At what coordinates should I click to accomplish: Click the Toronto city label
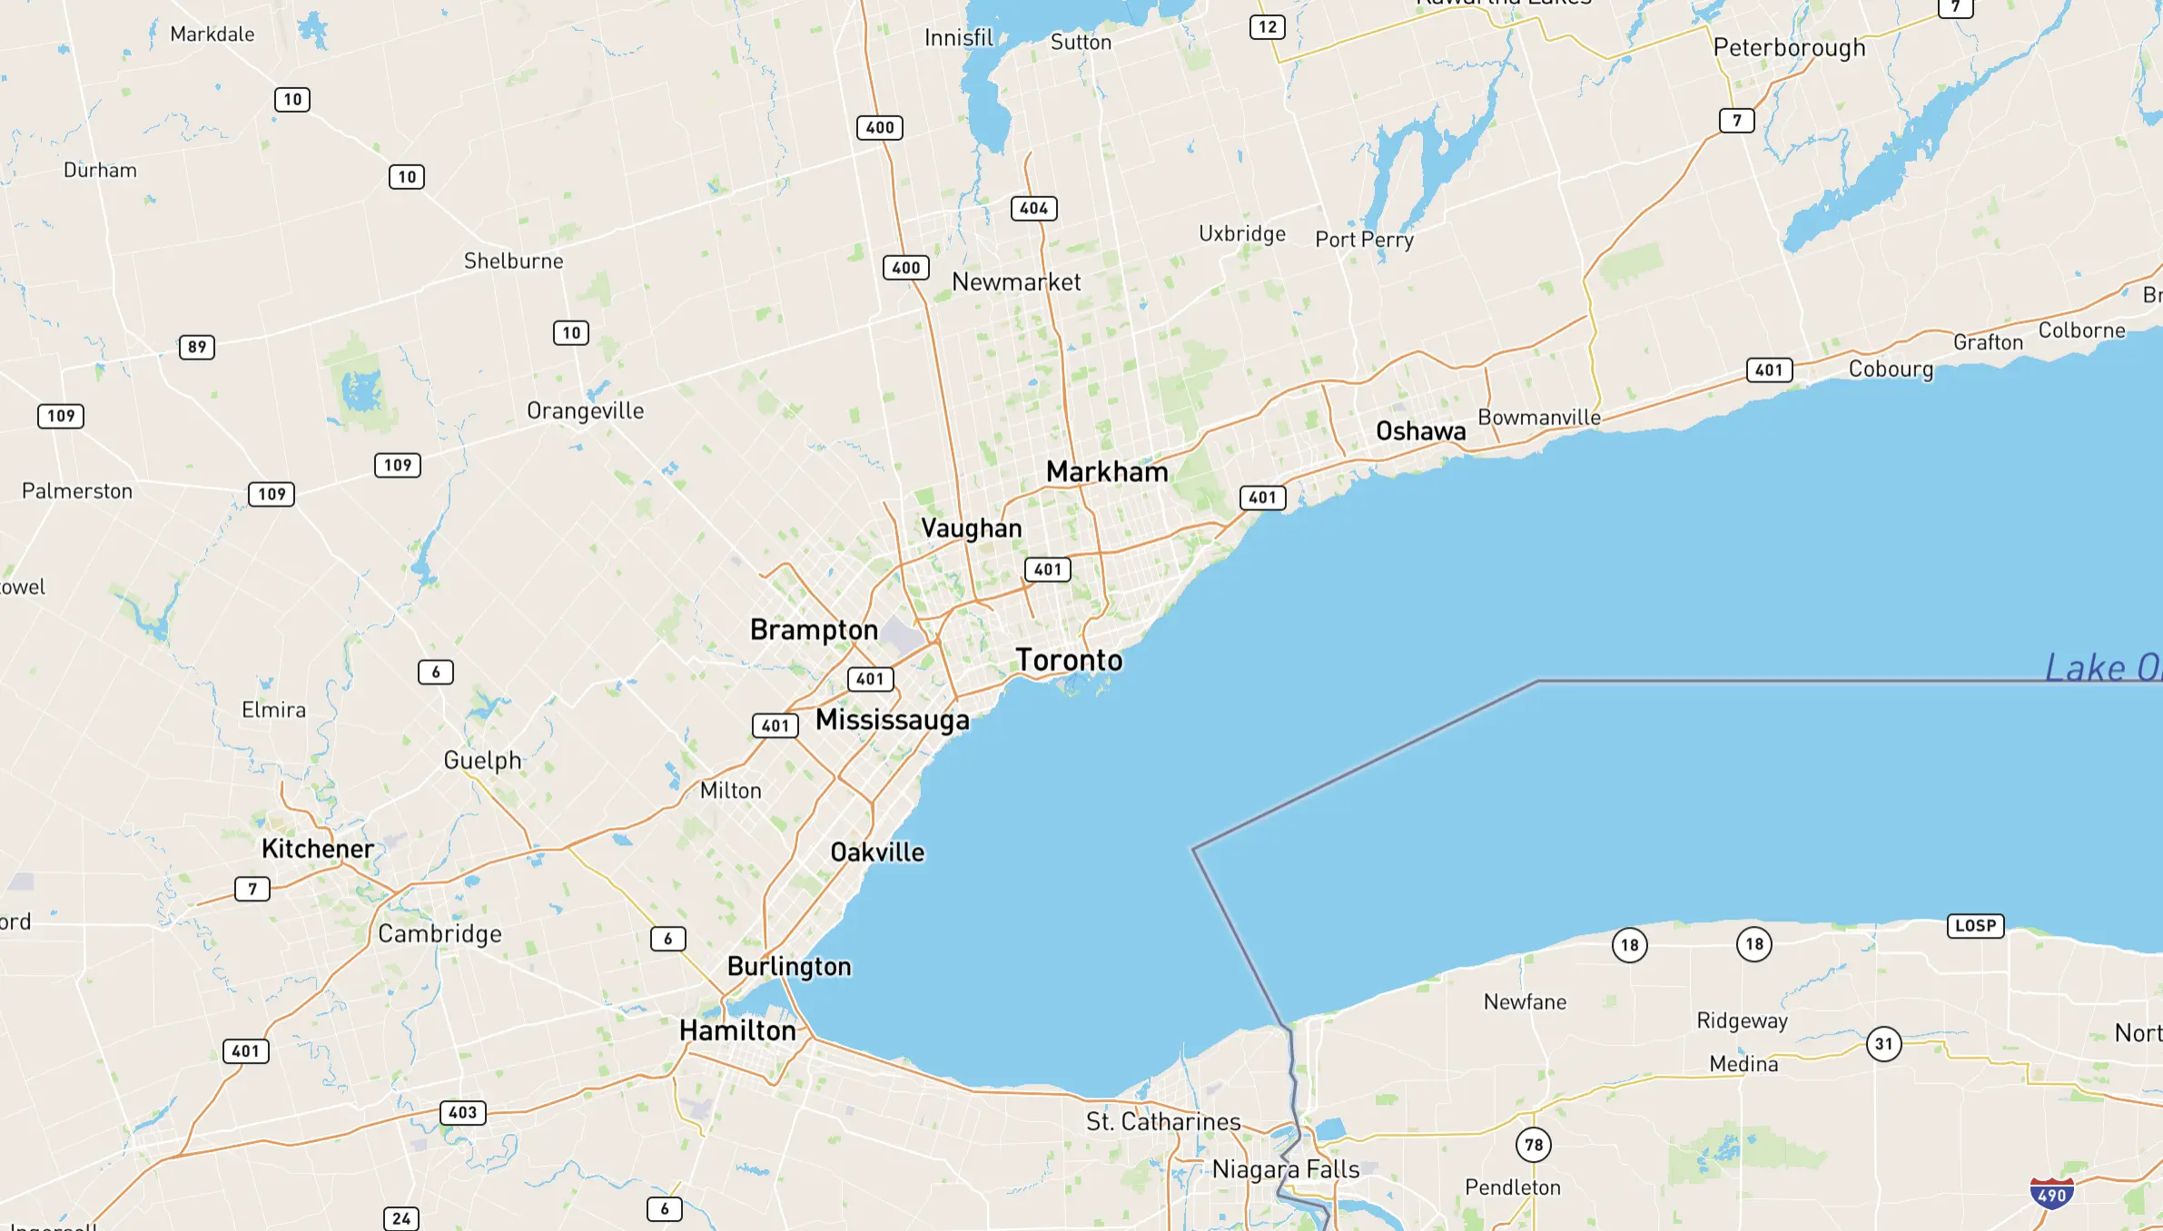(1069, 660)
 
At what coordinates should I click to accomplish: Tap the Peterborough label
(1789, 47)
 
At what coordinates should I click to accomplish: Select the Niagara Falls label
(1286, 1169)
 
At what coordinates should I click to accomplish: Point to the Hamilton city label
(737, 1030)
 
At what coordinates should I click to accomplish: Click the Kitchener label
(318, 849)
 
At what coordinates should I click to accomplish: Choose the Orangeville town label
(585, 410)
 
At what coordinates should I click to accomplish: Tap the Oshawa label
(1420, 431)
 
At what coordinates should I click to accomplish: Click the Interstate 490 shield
(2051, 1193)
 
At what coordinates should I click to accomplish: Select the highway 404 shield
(1033, 209)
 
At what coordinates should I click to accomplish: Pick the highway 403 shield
(462, 1113)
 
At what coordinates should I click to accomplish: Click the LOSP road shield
(1975, 926)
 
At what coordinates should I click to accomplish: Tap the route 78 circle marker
(1534, 1145)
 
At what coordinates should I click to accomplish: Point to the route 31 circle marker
(1884, 1044)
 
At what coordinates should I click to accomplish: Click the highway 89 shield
(197, 347)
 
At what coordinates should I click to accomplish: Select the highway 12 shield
(1267, 27)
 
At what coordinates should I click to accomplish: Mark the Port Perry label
(1364, 240)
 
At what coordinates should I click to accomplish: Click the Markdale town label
(212, 34)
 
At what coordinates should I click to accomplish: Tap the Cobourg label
(1891, 369)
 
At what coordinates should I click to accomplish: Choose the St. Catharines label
(1163, 1122)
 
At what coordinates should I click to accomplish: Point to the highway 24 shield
(401, 1218)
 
